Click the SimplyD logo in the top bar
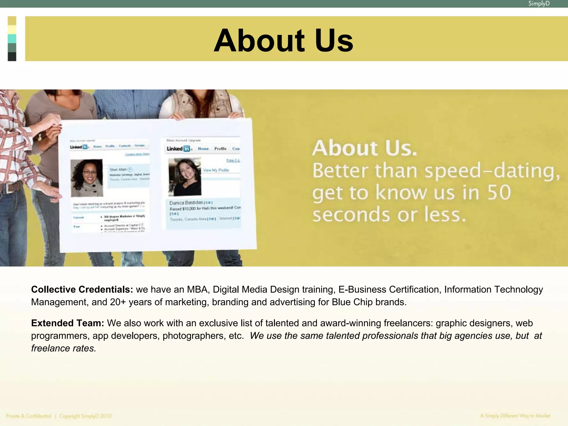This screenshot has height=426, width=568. pos(539,4)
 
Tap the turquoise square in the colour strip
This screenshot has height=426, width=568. pos(12,39)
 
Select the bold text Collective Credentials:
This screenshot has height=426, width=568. pos(82,289)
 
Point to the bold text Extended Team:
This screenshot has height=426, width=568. pos(67,323)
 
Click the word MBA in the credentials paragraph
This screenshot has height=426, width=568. pos(197,289)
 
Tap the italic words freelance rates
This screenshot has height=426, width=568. pos(64,348)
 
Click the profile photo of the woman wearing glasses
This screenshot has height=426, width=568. pos(87,178)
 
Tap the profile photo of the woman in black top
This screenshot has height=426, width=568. pos(185,177)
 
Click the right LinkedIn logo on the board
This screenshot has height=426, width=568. pos(178,149)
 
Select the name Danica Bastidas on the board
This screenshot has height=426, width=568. pos(186,202)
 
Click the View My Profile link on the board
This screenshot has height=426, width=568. pos(216,170)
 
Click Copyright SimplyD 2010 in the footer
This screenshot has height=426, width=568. pos(85,416)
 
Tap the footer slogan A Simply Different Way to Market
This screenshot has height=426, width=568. pos(515,416)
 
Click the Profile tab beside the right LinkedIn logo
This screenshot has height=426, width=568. pos(220,149)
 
